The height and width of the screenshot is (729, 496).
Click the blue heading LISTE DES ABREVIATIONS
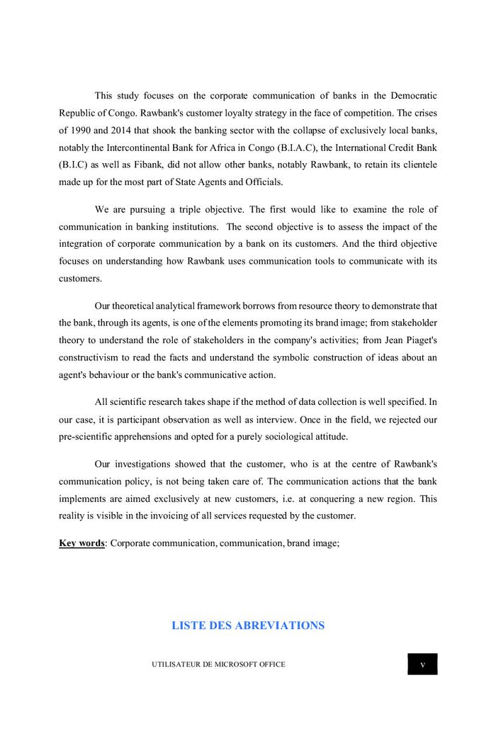248,625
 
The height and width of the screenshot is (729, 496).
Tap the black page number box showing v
422,664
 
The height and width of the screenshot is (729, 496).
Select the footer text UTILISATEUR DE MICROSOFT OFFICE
218,664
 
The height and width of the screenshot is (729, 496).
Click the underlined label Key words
81,543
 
